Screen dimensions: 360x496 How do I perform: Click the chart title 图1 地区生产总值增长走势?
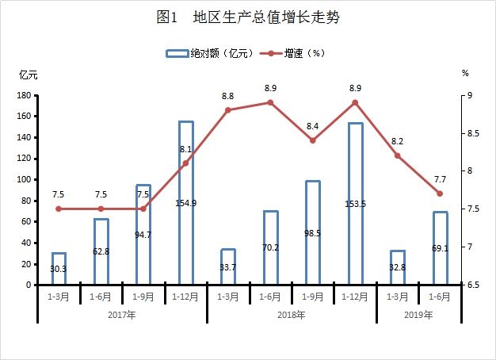pyautogui.click(x=248, y=17)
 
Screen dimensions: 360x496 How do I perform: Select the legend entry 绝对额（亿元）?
pyautogui.click(x=210, y=53)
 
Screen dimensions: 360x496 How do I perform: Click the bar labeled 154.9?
pyautogui.click(x=185, y=202)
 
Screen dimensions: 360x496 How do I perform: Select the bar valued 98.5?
pyautogui.click(x=312, y=232)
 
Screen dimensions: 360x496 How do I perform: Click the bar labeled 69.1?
pyautogui.click(x=440, y=247)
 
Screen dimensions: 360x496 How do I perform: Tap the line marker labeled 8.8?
pyautogui.click(x=228, y=110)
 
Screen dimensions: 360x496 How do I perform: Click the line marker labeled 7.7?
pyautogui.click(x=440, y=193)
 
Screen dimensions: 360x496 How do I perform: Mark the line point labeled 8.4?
pyautogui.click(x=312, y=140)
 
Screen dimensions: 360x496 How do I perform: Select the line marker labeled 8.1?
pyautogui.click(x=185, y=163)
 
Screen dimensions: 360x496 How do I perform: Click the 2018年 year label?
pyautogui.click(x=292, y=315)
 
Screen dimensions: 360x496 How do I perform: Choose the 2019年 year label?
pyautogui.click(x=418, y=315)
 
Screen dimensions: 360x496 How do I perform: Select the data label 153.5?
pyautogui.click(x=355, y=204)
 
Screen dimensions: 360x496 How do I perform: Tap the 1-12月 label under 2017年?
pyautogui.click(x=185, y=297)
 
